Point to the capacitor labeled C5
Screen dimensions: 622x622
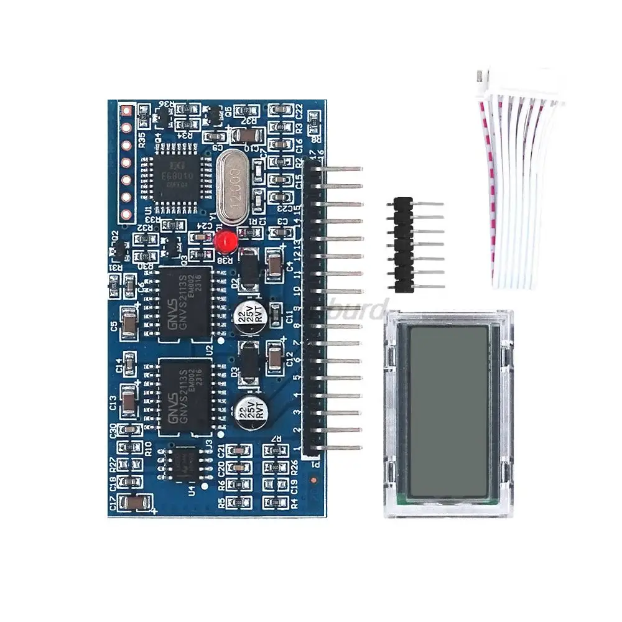[x=129, y=323]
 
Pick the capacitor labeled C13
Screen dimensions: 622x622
[x=128, y=401]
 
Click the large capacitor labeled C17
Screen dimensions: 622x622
[x=134, y=503]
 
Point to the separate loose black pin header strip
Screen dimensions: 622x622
[x=403, y=244]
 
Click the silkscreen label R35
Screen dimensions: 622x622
[x=142, y=139]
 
